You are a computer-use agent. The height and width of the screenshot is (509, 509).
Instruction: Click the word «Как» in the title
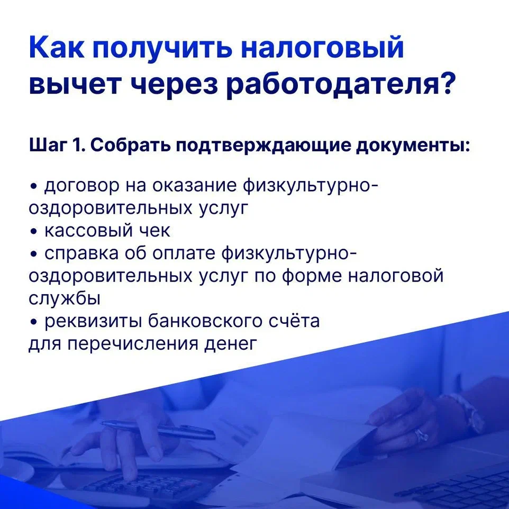(57, 48)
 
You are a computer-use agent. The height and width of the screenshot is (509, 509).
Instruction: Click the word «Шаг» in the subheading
(48, 146)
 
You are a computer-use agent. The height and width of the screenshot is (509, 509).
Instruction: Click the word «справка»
(81, 254)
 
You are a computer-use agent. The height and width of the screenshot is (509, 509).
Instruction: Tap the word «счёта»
(295, 321)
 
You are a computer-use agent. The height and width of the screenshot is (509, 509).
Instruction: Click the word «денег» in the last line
(231, 344)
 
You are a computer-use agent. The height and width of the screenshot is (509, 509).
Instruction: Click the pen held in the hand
(158, 430)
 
